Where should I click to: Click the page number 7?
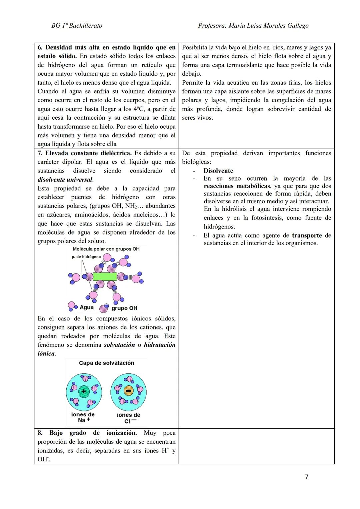[x=307, y=477]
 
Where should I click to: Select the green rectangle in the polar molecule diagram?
[x=105, y=276]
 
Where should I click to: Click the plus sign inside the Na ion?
[x=84, y=391]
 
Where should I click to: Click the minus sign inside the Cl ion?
[x=128, y=391]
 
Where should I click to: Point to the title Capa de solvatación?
[x=106, y=363]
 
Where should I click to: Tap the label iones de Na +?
[x=83, y=417]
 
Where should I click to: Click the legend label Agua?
[x=86, y=307]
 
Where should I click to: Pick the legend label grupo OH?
[x=124, y=308]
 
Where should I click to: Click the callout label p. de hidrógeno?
[x=86, y=257]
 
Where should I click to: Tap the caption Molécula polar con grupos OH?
[x=106, y=249]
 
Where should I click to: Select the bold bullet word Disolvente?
[x=218, y=171]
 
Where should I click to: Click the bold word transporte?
[x=307, y=236]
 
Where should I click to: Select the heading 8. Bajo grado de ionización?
[x=87, y=433]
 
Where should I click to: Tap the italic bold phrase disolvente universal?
[x=65, y=180]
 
